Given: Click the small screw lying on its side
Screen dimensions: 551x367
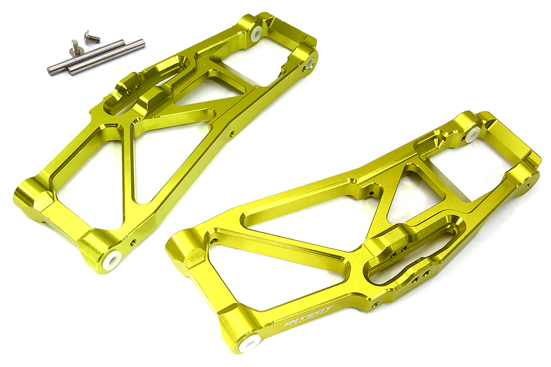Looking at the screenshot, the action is point(91,36).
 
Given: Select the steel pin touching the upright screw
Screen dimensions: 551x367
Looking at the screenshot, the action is point(86,57).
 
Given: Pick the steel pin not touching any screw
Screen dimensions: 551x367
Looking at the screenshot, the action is point(106,57).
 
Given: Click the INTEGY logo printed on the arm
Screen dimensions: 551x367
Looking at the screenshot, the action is point(309,315).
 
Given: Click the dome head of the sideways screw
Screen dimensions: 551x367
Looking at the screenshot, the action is point(87,34).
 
